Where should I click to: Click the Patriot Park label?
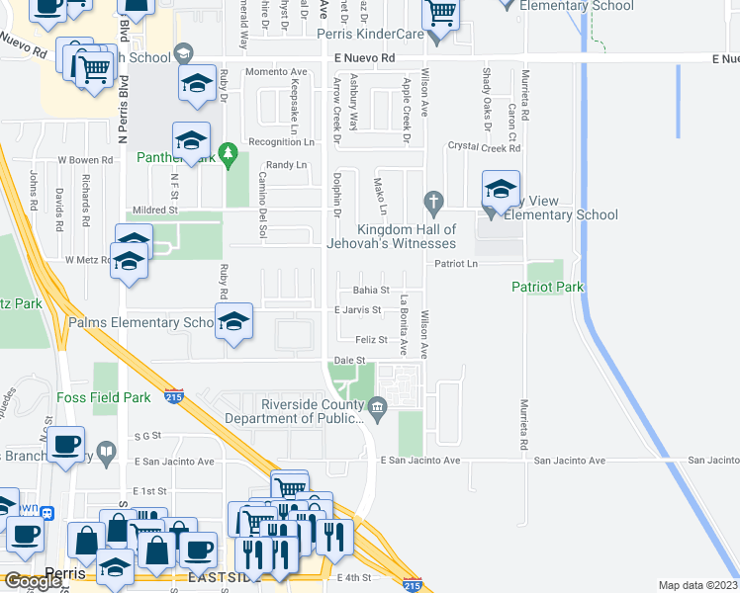coord(547,288)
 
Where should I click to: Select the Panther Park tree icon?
coord(230,153)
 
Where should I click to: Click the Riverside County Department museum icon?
coord(377,406)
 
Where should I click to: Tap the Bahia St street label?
coord(372,291)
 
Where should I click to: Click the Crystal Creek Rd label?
coord(484,147)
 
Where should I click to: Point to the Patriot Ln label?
coord(456,264)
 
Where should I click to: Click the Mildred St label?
coord(153,210)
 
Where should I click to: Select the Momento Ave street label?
coord(276,72)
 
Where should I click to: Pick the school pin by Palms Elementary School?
coord(233,321)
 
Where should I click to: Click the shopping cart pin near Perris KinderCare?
coord(441,14)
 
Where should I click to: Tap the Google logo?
coord(32,581)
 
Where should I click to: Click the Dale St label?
coord(344,360)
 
